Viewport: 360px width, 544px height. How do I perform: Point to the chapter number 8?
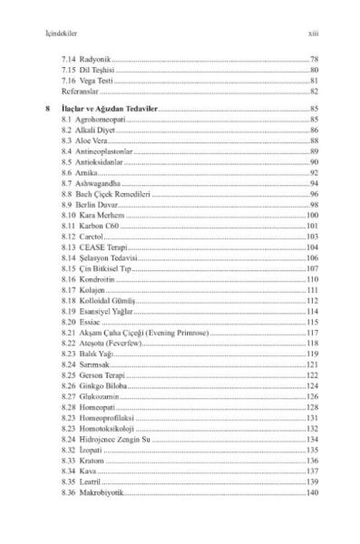[46, 109]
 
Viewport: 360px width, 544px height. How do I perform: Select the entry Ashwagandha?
[100, 184]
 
